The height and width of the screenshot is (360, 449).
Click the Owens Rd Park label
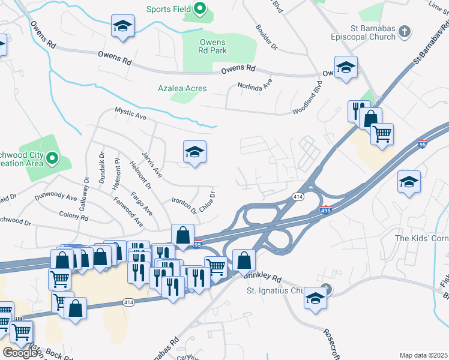tap(212, 47)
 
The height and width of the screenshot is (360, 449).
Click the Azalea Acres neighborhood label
tap(182, 88)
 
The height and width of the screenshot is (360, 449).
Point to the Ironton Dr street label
tap(184, 205)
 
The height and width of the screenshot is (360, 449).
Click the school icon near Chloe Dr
tap(194, 154)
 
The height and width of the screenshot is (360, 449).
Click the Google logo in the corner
tap(20, 352)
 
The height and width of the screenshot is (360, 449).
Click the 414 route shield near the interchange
tap(298, 197)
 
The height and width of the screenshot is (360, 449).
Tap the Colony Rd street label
tap(74, 214)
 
